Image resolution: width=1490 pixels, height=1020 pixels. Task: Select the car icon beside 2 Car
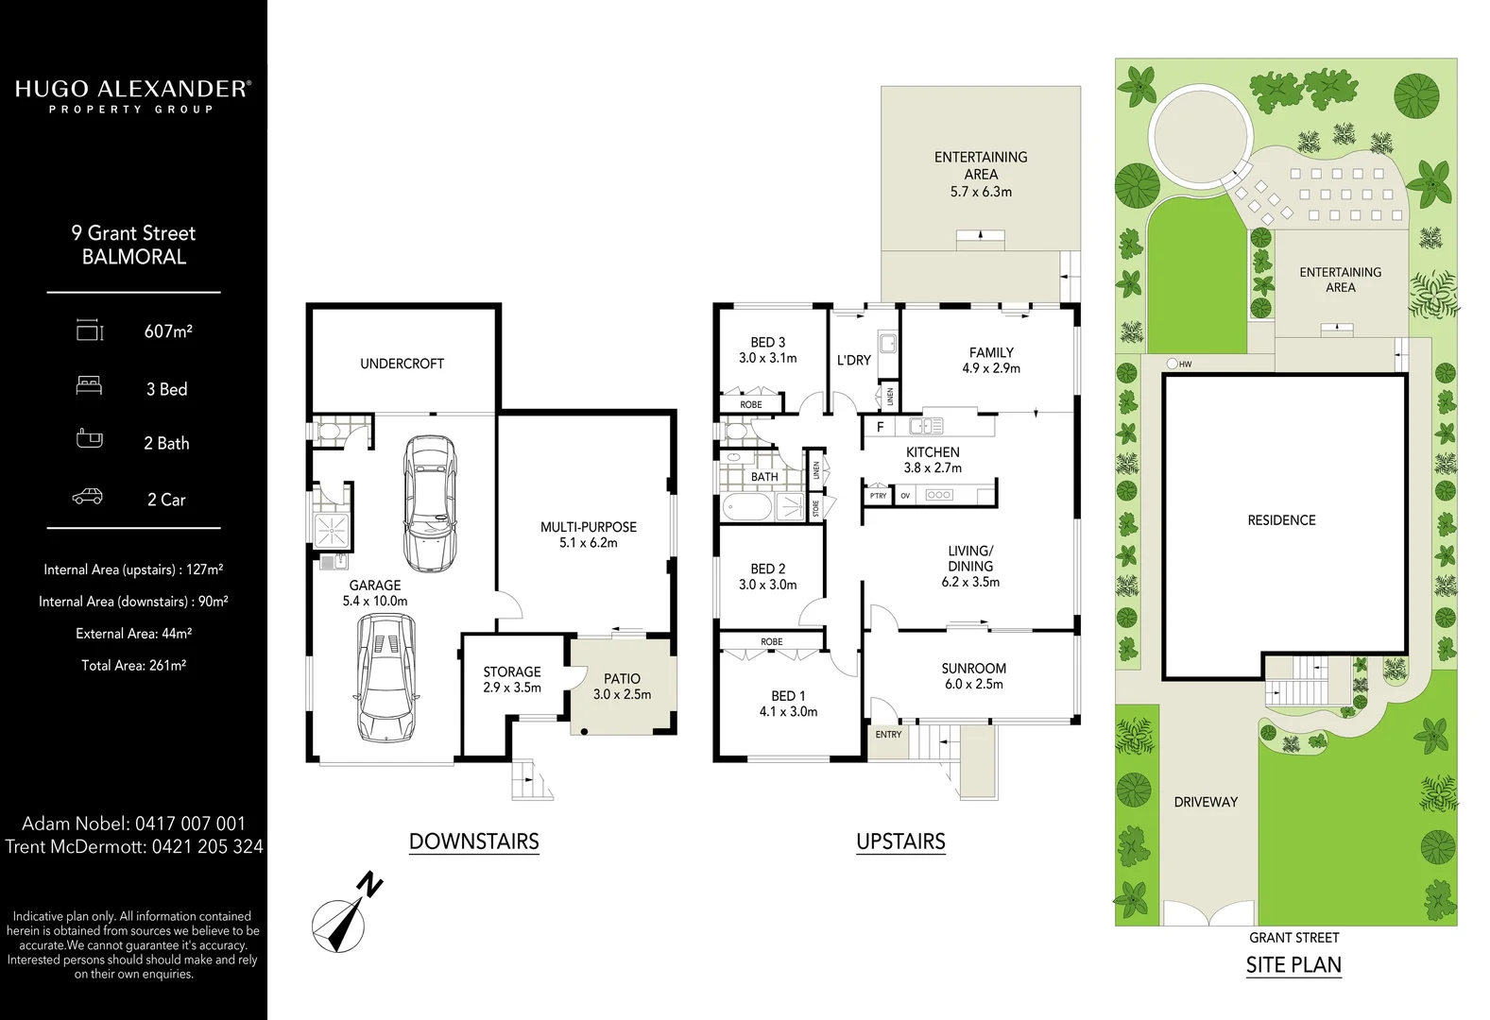tap(88, 498)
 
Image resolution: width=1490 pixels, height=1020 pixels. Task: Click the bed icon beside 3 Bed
tap(89, 385)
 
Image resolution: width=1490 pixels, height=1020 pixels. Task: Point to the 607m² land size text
tap(168, 331)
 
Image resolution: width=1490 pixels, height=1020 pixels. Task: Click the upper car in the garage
tap(430, 502)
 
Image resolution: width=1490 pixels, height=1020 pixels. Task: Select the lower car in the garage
tap(385, 676)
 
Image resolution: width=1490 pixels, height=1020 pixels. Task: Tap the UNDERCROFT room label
tap(402, 364)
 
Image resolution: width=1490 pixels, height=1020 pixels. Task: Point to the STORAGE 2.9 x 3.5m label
tap(512, 679)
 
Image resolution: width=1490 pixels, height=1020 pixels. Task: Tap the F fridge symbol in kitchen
tap(880, 427)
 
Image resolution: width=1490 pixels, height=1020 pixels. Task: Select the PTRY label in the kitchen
tap(879, 496)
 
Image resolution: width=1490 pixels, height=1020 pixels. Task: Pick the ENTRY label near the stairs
tap(888, 734)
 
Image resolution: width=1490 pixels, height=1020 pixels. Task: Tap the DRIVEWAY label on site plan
tap(1206, 802)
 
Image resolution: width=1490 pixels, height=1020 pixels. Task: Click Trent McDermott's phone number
tap(207, 847)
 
